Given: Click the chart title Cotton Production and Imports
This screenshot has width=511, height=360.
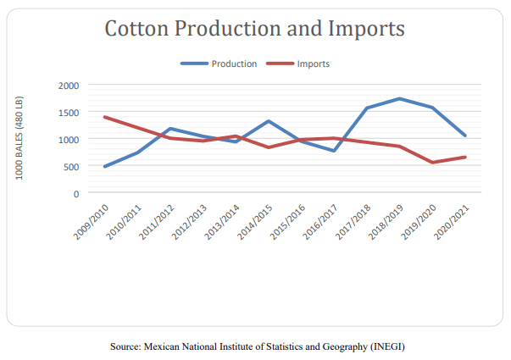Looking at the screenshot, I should click(x=254, y=29).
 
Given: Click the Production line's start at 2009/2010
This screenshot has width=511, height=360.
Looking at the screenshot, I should click(x=105, y=167).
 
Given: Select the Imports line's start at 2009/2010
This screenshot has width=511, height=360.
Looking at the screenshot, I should click(x=105, y=117).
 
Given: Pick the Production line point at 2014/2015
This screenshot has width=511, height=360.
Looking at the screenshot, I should click(x=269, y=121).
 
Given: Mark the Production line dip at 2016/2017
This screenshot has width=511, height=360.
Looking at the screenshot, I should click(x=335, y=151).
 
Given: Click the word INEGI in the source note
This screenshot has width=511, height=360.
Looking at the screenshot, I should click(x=396, y=347).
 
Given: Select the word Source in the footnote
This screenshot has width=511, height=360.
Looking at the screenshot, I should click(x=125, y=347).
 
